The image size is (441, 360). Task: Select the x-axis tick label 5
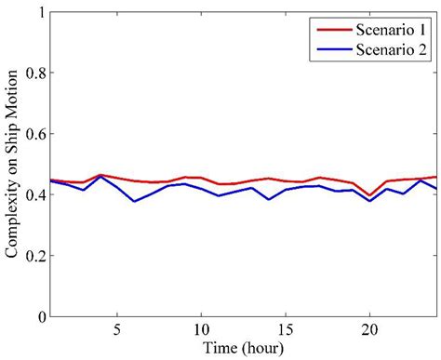pyautogui.click(x=117, y=330)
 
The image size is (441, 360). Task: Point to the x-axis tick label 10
pyautogui.click(x=200, y=330)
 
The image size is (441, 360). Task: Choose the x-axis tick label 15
pyautogui.click(x=285, y=330)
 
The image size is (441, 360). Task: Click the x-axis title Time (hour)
pyautogui.click(x=242, y=348)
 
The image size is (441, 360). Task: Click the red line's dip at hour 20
pyautogui.click(x=369, y=195)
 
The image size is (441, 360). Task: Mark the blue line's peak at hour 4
pyautogui.click(x=100, y=177)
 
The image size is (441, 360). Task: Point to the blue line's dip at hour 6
pyautogui.click(x=134, y=201)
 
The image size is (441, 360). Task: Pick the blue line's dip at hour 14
pyautogui.click(x=269, y=199)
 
